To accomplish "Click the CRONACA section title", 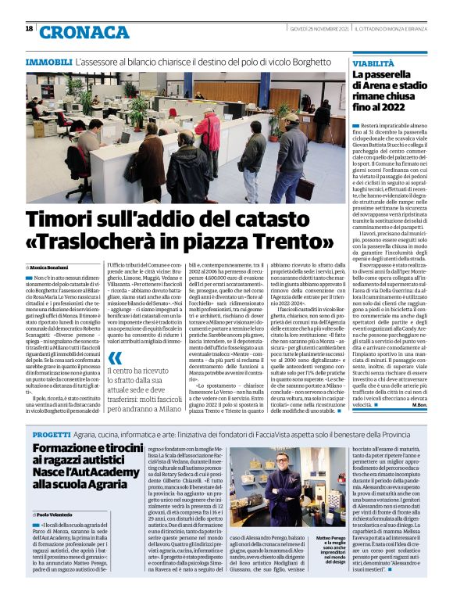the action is click(84, 31).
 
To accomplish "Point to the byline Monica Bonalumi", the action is click(73, 267).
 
